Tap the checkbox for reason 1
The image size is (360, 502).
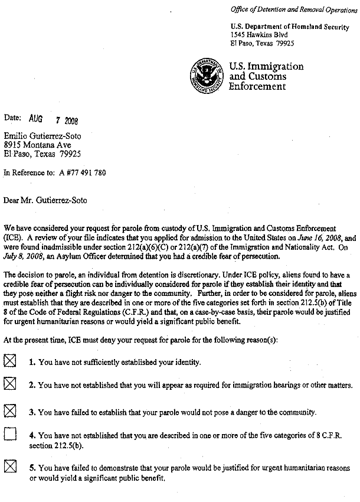10,361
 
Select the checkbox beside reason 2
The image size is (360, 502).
10,384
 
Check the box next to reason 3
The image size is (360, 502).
10,410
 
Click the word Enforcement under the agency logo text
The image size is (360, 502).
257,86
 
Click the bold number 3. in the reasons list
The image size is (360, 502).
33,412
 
